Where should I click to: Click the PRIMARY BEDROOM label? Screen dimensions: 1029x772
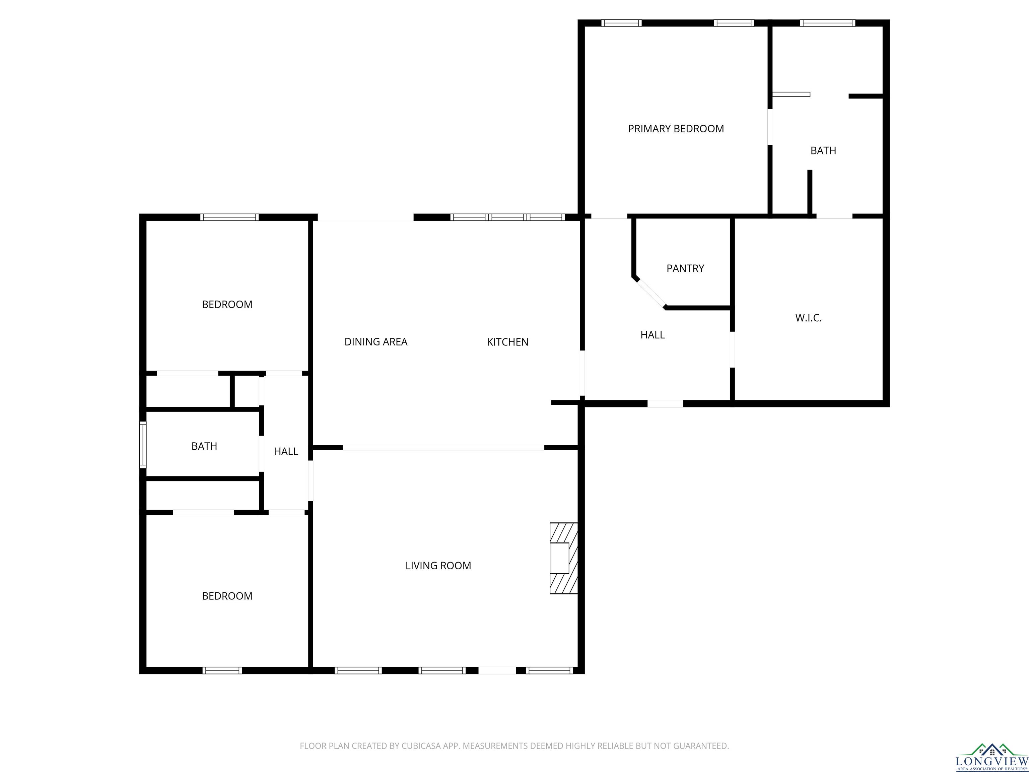(676, 129)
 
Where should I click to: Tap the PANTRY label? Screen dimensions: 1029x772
(685, 268)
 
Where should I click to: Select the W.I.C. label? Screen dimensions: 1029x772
(809, 318)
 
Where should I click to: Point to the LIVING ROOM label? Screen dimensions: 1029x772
(438, 566)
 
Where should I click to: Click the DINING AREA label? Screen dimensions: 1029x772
(376, 342)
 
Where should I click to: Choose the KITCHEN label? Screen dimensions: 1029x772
(507, 342)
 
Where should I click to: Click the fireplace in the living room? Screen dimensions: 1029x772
(564, 558)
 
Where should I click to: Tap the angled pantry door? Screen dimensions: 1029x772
(651, 293)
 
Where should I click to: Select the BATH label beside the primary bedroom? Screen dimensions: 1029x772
(823, 151)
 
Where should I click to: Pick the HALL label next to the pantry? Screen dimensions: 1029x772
(653, 335)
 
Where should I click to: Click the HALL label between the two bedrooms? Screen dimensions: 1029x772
(286, 451)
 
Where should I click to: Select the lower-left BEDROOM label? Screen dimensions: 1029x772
(227, 596)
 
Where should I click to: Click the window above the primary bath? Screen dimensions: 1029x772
(828, 23)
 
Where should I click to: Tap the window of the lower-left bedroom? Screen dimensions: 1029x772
(222, 670)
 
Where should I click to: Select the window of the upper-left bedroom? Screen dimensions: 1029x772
(229, 217)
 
